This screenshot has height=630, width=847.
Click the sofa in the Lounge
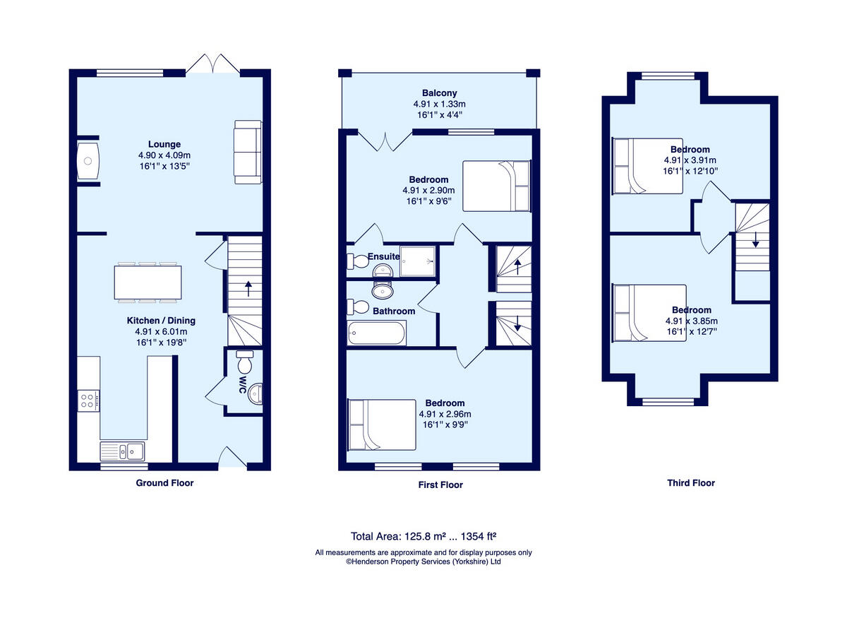[x=248, y=152]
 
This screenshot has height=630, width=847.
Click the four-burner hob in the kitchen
[x=88, y=401]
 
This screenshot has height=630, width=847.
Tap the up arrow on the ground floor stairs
[x=247, y=287]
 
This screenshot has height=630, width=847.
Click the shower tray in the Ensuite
[x=418, y=263]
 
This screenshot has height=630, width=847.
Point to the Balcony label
[x=439, y=93]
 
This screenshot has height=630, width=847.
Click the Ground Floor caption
[x=164, y=483]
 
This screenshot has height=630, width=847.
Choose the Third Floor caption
[x=691, y=483]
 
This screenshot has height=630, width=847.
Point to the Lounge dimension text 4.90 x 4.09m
[x=164, y=155]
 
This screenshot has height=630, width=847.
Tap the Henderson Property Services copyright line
[x=423, y=562]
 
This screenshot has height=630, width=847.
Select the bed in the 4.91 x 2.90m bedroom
[x=496, y=186]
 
